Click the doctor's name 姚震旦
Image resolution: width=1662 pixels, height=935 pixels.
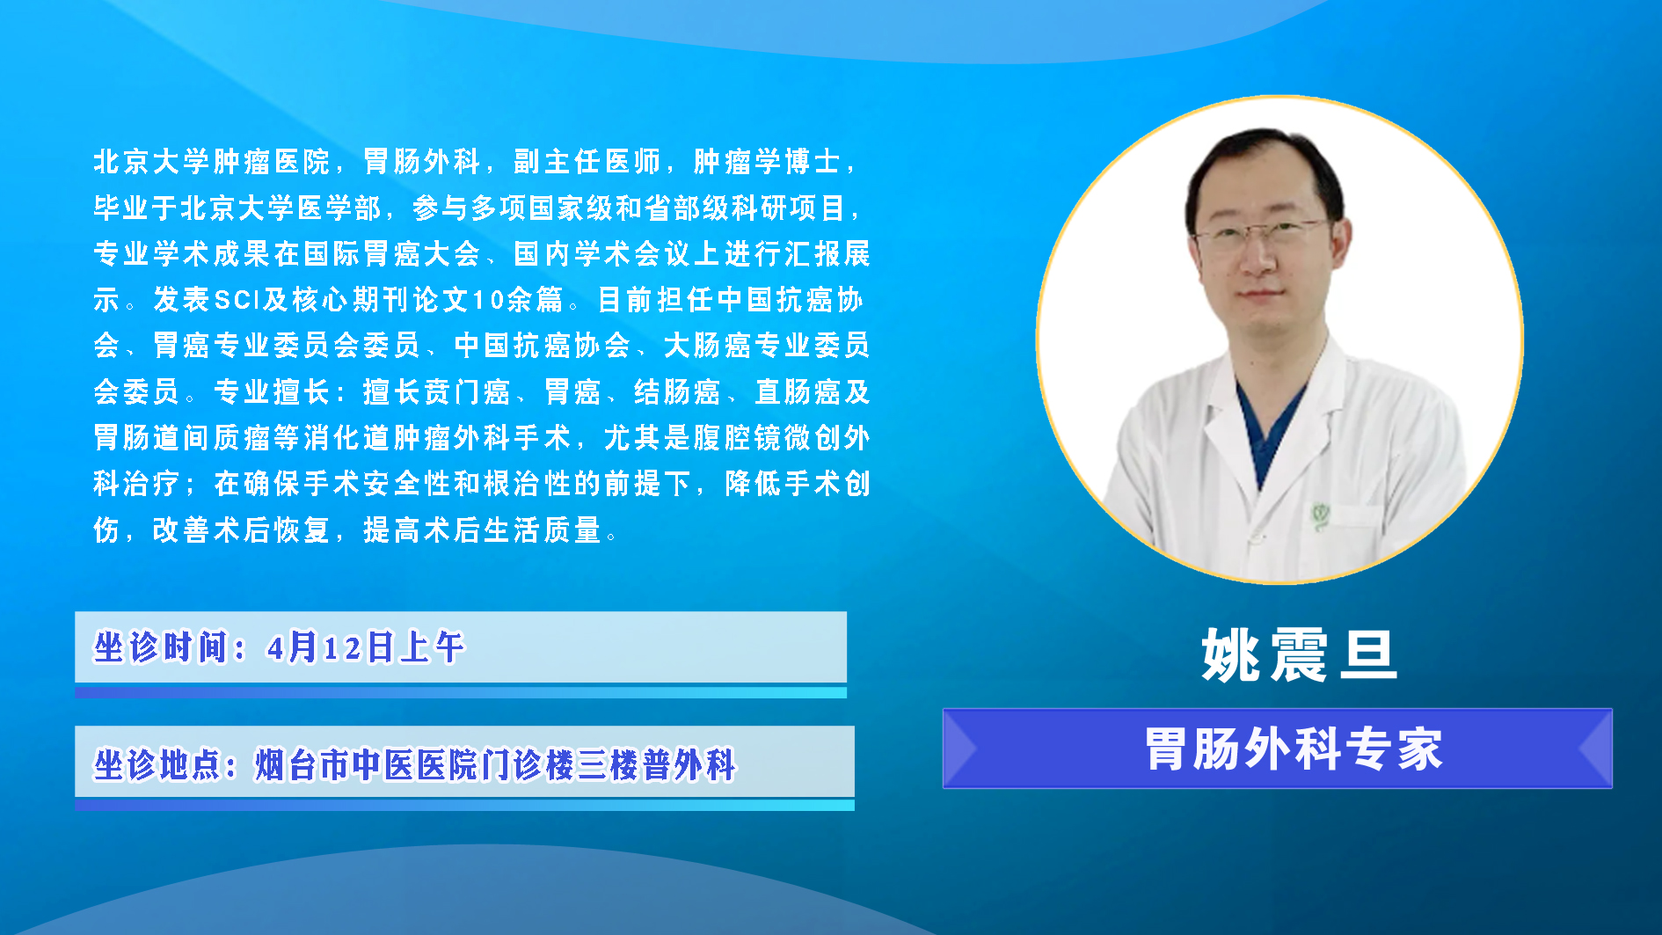(x=1299, y=655)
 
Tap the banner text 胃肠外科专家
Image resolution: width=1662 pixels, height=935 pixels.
(x=1294, y=749)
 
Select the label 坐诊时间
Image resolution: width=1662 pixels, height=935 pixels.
(x=161, y=647)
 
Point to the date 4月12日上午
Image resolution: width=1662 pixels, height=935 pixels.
(x=365, y=647)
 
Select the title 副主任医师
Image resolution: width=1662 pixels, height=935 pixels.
(x=587, y=162)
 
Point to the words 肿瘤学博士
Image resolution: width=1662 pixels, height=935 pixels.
(x=766, y=162)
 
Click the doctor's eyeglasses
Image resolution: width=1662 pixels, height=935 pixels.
(x=1263, y=232)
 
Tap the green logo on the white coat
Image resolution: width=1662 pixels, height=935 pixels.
(x=1320, y=515)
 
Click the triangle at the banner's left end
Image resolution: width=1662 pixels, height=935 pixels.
(x=959, y=749)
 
